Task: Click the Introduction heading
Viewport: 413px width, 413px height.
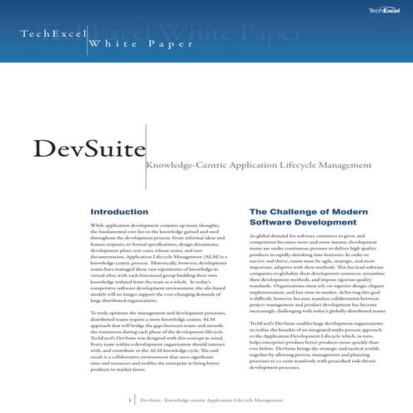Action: pos(119,212)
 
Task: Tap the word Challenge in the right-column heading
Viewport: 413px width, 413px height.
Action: pos(294,212)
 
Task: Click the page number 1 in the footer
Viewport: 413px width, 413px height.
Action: pos(130,400)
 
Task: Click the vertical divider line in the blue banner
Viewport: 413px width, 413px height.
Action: pos(87,42)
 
